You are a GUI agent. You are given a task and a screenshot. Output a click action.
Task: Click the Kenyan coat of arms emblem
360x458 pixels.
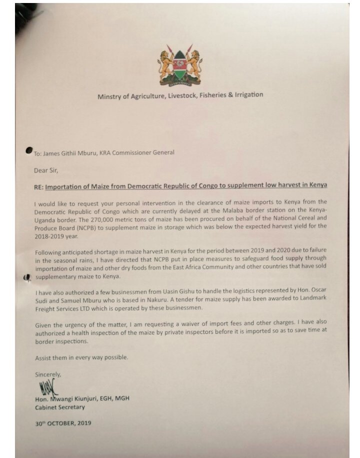[x=179, y=65]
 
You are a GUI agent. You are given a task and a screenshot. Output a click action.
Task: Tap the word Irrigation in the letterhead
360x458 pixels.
[x=246, y=94]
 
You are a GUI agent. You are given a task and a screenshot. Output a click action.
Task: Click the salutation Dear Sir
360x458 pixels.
[x=46, y=170]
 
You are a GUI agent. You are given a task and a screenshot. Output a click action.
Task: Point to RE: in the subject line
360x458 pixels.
[x=38, y=186]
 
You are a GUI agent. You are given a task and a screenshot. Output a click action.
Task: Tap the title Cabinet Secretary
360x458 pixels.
[x=59, y=407]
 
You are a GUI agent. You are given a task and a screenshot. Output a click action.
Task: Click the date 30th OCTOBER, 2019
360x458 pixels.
[x=63, y=423]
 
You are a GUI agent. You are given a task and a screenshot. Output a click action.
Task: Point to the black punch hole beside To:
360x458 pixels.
[x=29, y=151]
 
